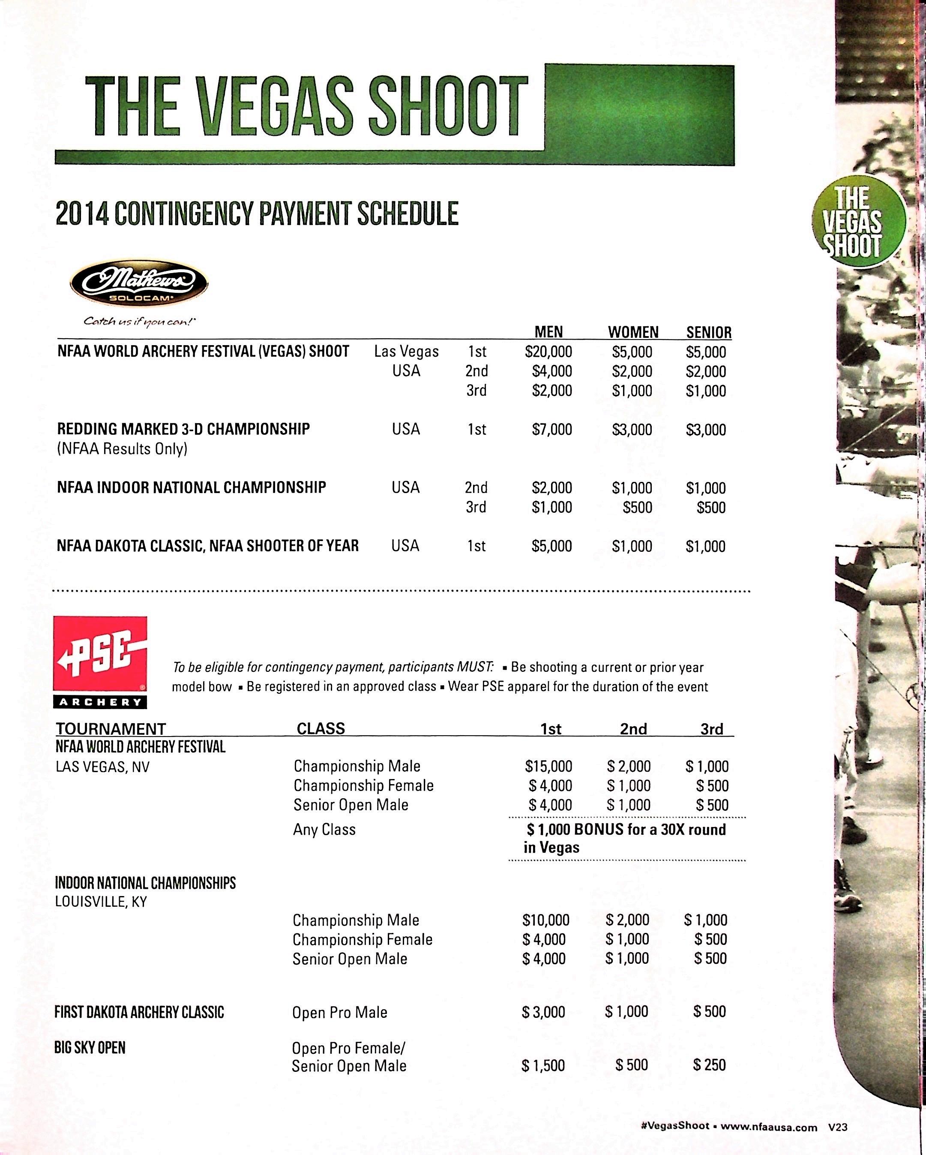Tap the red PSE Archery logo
coord(100,661)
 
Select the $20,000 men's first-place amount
coord(548,352)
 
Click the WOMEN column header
coord(632,332)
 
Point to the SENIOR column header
coord(709,332)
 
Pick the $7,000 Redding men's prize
coord(551,429)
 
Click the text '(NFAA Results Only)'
coord(122,449)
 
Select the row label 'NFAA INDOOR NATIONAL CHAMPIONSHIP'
coord(191,487)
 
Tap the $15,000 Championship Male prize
coord(548,766)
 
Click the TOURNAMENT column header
coord(111,728)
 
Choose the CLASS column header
coord(321,728)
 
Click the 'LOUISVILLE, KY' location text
coord(101,902)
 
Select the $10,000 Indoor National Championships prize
coord(546,920)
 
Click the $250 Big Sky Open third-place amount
coord(709,1065)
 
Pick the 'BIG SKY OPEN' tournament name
coord(90,1047)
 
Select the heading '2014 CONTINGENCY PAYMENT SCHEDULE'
coord(257,213)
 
